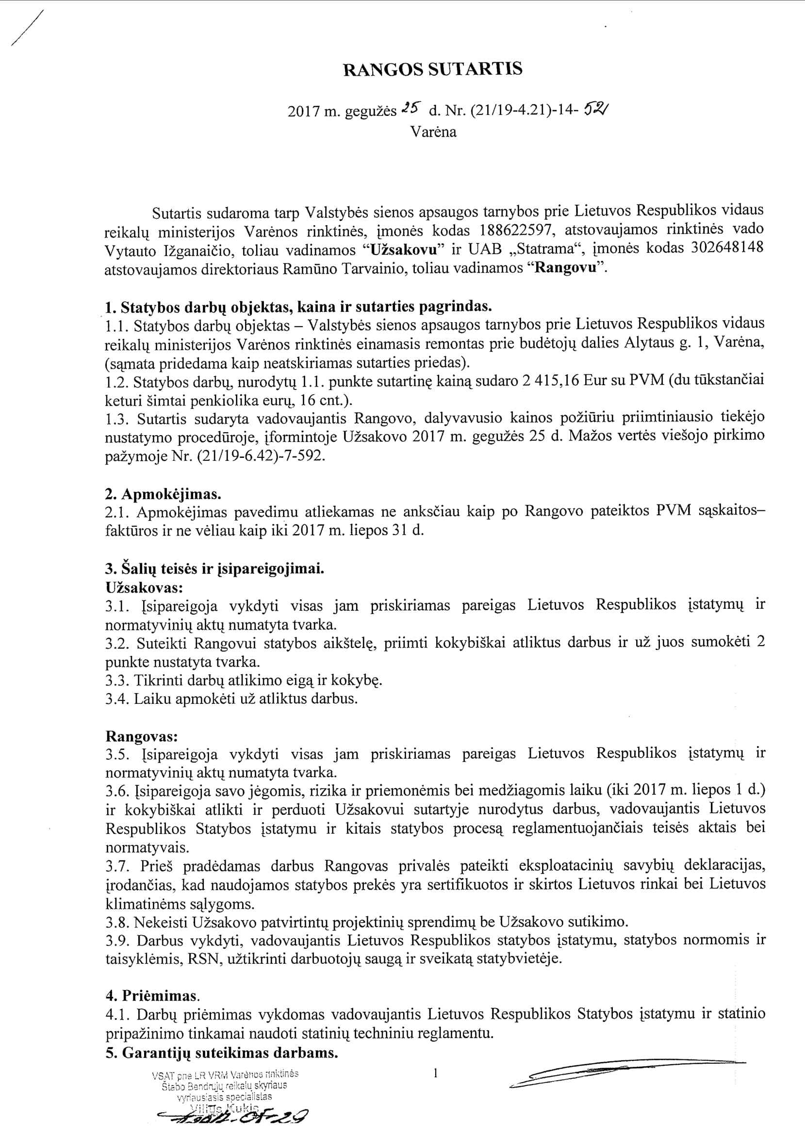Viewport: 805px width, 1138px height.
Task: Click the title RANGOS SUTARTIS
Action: tap(433, 69)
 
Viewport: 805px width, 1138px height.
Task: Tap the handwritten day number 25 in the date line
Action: tap(411, 108)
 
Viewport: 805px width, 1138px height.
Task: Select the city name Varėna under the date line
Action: tap(433, 132)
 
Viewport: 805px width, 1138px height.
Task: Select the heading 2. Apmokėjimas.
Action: tap(164, 494)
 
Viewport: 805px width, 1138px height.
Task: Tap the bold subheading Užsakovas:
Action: tap(144, 588)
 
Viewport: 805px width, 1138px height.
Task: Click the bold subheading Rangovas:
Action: tap(142, 736)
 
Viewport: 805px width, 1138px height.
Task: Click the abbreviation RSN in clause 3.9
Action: tap(203, 959)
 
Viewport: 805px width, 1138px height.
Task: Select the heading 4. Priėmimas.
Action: tap(152, 996)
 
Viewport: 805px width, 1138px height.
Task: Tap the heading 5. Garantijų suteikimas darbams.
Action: tap(222, 1053)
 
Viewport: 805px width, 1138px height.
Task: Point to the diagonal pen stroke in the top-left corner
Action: tap(27, 28)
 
